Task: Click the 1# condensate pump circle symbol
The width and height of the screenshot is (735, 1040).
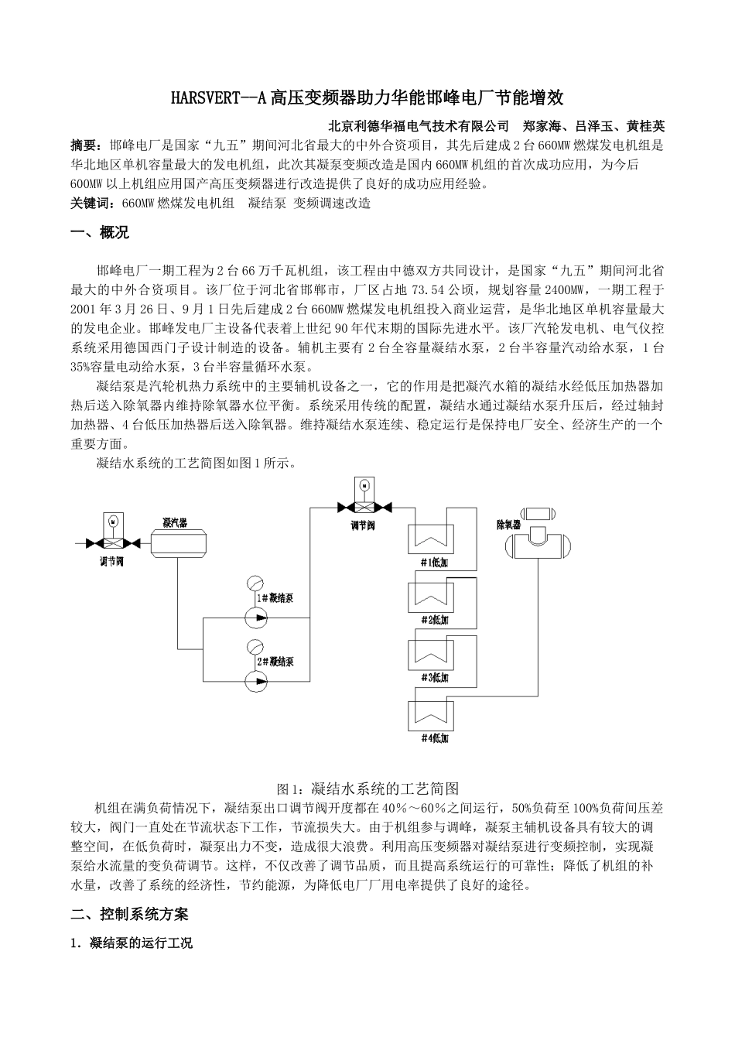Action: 255,617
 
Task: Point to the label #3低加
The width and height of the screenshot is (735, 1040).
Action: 435,679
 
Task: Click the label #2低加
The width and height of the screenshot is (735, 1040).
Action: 435,620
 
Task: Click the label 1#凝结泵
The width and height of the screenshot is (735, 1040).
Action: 274,598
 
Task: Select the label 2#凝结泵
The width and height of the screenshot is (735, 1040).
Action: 274,662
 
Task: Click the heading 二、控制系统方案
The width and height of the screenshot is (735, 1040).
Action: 129,914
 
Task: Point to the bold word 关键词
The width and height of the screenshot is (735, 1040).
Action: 91,203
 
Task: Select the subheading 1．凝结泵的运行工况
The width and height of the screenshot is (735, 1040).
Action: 131,942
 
